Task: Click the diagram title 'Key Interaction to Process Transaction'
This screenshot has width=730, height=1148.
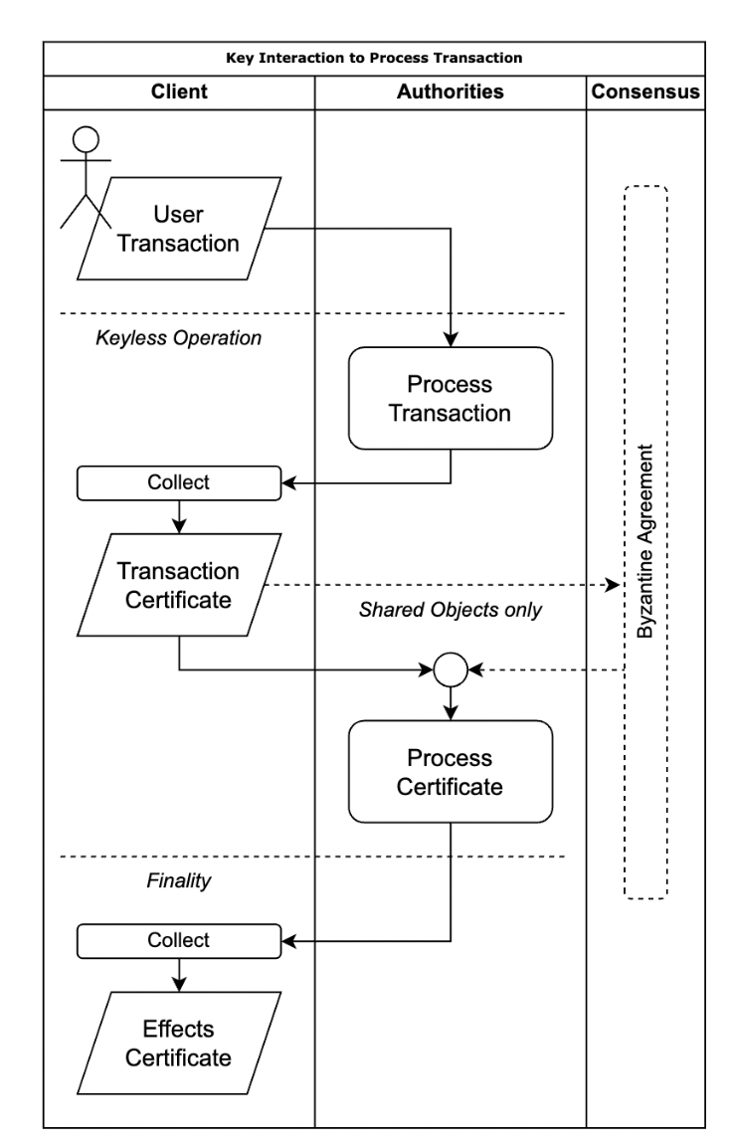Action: [x=374, y=58]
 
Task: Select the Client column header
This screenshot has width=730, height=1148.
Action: [x=179, y=92]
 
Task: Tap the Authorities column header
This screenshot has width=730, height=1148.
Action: [x=451, y=92]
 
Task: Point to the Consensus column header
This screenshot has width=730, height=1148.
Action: [x=645, y=92]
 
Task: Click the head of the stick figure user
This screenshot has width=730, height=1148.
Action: [x=87, y=139]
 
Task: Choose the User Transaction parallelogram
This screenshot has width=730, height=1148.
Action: [x=179, y=229]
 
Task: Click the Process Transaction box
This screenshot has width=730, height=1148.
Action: [x=451, y=398]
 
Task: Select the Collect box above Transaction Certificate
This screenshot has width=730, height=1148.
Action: [x=179, y=483]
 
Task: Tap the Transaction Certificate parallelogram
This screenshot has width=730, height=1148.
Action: [x=179, y=585]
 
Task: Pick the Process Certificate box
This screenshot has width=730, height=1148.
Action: [x=451, y=772]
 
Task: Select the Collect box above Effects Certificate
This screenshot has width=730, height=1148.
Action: [x=179, y=941]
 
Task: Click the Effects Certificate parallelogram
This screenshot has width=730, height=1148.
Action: [x=179, y=1044]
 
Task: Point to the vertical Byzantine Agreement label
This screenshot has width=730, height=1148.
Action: [x=645, y=542]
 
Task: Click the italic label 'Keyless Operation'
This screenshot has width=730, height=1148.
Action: [x=179, y=337]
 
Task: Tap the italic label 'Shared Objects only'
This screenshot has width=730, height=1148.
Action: [x=451, y=610]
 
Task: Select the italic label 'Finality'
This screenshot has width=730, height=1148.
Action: [x=179, y=880]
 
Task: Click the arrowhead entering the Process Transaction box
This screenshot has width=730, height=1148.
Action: [x=451, y=339]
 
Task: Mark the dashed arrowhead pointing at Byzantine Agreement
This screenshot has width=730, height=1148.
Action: [x=613, y=585]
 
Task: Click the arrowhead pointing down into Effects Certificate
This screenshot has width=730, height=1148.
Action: [x=179, y=984]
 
